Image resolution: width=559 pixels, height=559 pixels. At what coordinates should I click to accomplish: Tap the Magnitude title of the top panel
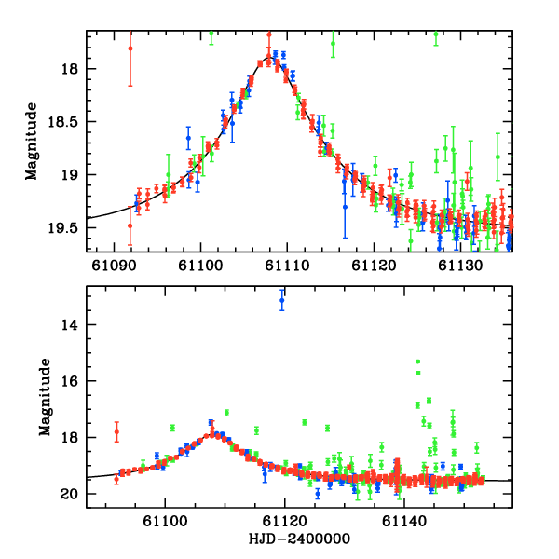tap(32, 142)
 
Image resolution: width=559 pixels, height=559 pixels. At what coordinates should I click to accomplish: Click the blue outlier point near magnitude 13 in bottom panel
tap(282, 299)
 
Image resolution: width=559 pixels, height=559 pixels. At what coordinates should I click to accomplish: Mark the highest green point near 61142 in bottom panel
tap(417, 361)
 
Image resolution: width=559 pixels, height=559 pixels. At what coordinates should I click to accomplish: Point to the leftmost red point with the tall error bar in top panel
tap(130, 48)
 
